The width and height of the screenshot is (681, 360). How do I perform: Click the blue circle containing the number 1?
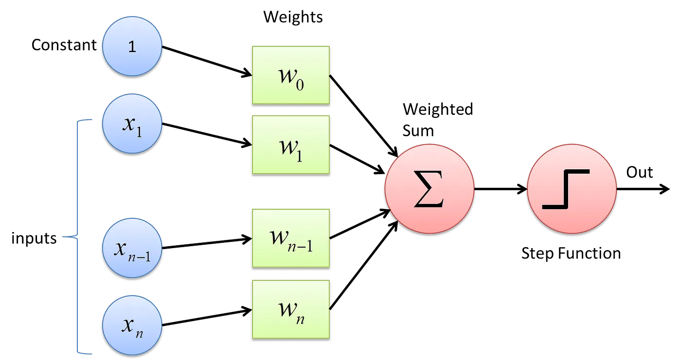[132, 47]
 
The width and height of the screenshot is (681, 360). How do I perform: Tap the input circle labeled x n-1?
[132, 249]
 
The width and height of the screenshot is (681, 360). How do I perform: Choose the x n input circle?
[132, 324]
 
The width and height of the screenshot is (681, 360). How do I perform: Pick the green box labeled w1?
[290, 144]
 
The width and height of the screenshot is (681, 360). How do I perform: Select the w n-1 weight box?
[290, 238]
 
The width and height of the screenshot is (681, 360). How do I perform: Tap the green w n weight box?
[290, 309]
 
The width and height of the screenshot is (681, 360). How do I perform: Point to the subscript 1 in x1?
[139, 131]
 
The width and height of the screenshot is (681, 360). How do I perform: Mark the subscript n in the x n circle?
[139, 333]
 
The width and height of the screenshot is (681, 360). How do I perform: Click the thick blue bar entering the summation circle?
[316, 192]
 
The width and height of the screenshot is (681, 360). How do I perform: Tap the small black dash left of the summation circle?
[373, 227]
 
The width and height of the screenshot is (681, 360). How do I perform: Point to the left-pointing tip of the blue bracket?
[61, 237]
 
